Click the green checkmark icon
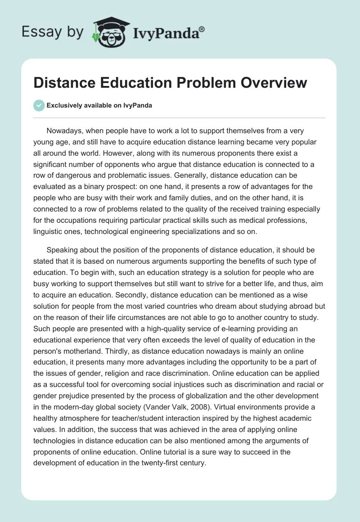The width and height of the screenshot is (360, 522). [x=39, y=105]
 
